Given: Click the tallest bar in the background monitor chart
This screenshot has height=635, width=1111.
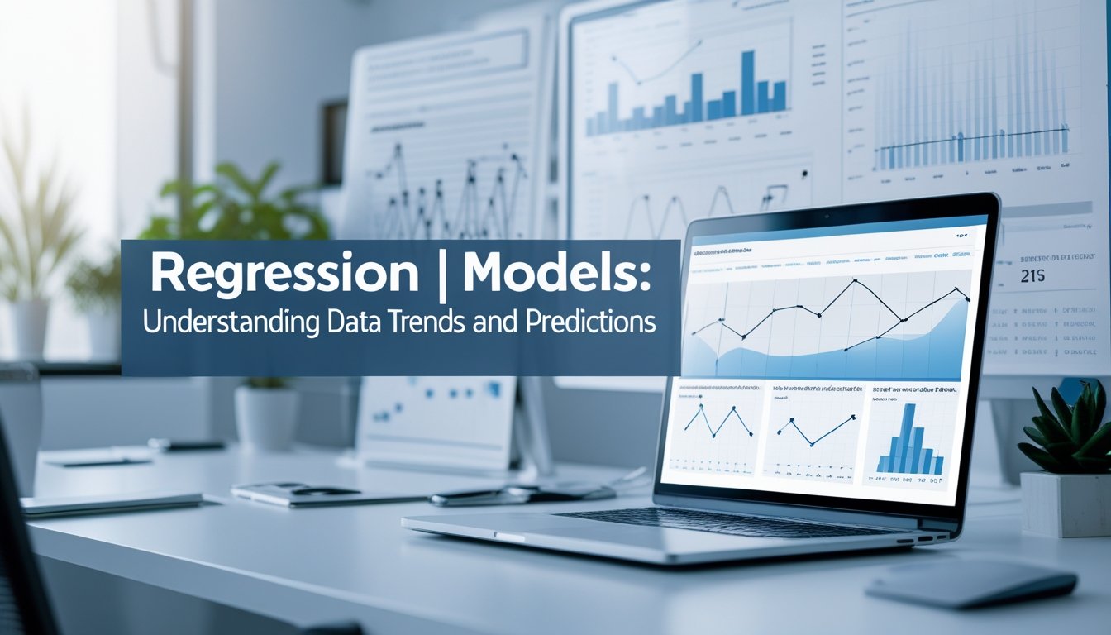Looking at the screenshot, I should click(x=747, y=82).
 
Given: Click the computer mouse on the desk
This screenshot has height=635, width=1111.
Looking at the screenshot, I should click(x=971, y=585).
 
